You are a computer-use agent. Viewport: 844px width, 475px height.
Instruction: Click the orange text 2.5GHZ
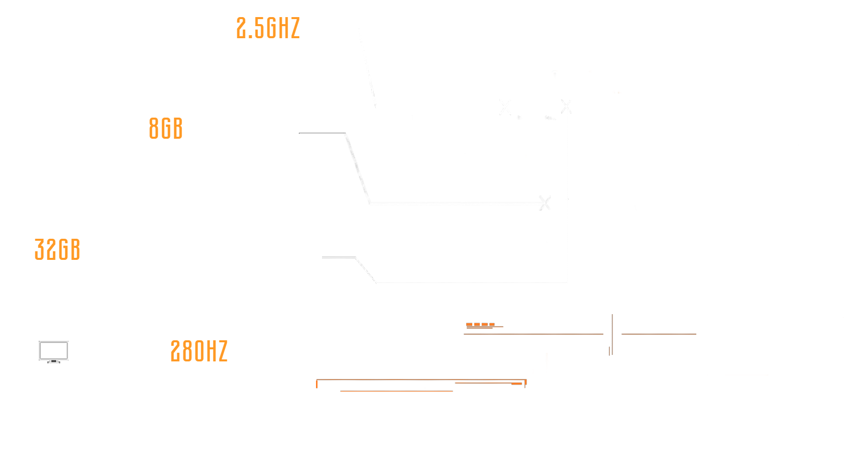[x=268, y=28]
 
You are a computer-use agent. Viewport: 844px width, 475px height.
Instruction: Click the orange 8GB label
[x=166, y=129]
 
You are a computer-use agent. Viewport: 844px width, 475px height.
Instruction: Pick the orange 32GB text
[x=57, y=250]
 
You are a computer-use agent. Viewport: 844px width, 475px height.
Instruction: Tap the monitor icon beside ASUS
[x=54, y=351]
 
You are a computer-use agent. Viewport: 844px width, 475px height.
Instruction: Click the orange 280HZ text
[x=199, y=351]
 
